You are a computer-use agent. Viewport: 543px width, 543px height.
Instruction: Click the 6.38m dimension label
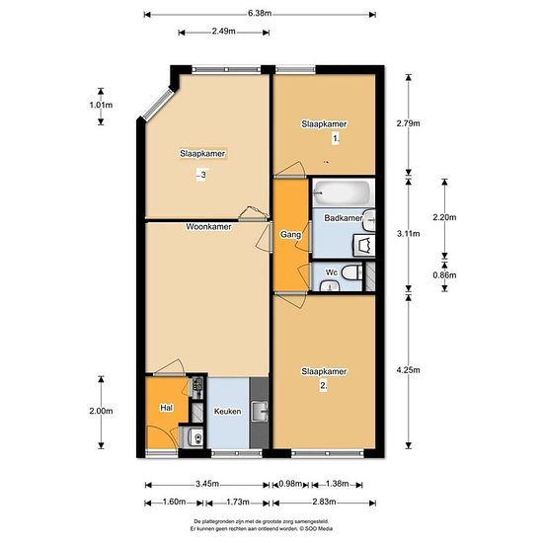pyautogui.click(x=260, y=14)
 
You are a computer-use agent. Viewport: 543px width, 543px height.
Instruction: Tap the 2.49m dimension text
pyautogui.click(x=224, y=32)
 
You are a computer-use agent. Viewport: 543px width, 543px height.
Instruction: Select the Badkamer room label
pyautogui.click(x=344, y=218)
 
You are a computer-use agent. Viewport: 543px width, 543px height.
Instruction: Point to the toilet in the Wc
pyautogui.click(x=352, y=272)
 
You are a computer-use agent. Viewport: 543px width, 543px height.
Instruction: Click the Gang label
pyautogui.click(x=290, y=235)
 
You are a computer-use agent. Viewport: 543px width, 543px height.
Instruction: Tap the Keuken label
pyautogui.click(x=227, y=412)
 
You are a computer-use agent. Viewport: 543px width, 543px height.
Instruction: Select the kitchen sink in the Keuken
pyautogui.click(x=260, y=411)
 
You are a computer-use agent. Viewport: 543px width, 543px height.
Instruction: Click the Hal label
pyautogui.click(x=166, y=408)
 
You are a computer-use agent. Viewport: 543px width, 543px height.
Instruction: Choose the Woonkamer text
pyautogui.click(x=208, y=227)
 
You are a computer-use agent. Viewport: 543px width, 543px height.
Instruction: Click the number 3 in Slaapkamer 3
pyautogui.click(x=203, y=175)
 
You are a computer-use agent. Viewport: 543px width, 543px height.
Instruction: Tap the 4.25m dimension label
pyautogui.click(x=409, y=370)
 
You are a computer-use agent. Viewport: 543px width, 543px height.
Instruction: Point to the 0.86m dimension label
pyautogui.click(x=444, y=275)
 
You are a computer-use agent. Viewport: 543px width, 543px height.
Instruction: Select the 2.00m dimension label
pyautogui.click(x=101, y=411)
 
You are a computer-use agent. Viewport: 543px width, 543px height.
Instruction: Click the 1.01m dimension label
pyautogui.click(x=101, y=105)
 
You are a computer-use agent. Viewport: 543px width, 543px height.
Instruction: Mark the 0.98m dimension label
pyautogui.click(x=290, y=484)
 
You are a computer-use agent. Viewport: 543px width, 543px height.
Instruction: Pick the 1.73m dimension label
pyautogui.click(x=238, y=502)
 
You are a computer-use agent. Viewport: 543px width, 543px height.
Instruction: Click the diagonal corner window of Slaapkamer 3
pyautogui.click(x=158, y=104)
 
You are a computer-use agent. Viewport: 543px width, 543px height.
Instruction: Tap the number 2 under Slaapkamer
pyautogui.click(x=323, y=385)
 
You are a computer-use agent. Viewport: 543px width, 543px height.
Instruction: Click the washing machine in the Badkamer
pyautogui.click(x=363, y=246)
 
